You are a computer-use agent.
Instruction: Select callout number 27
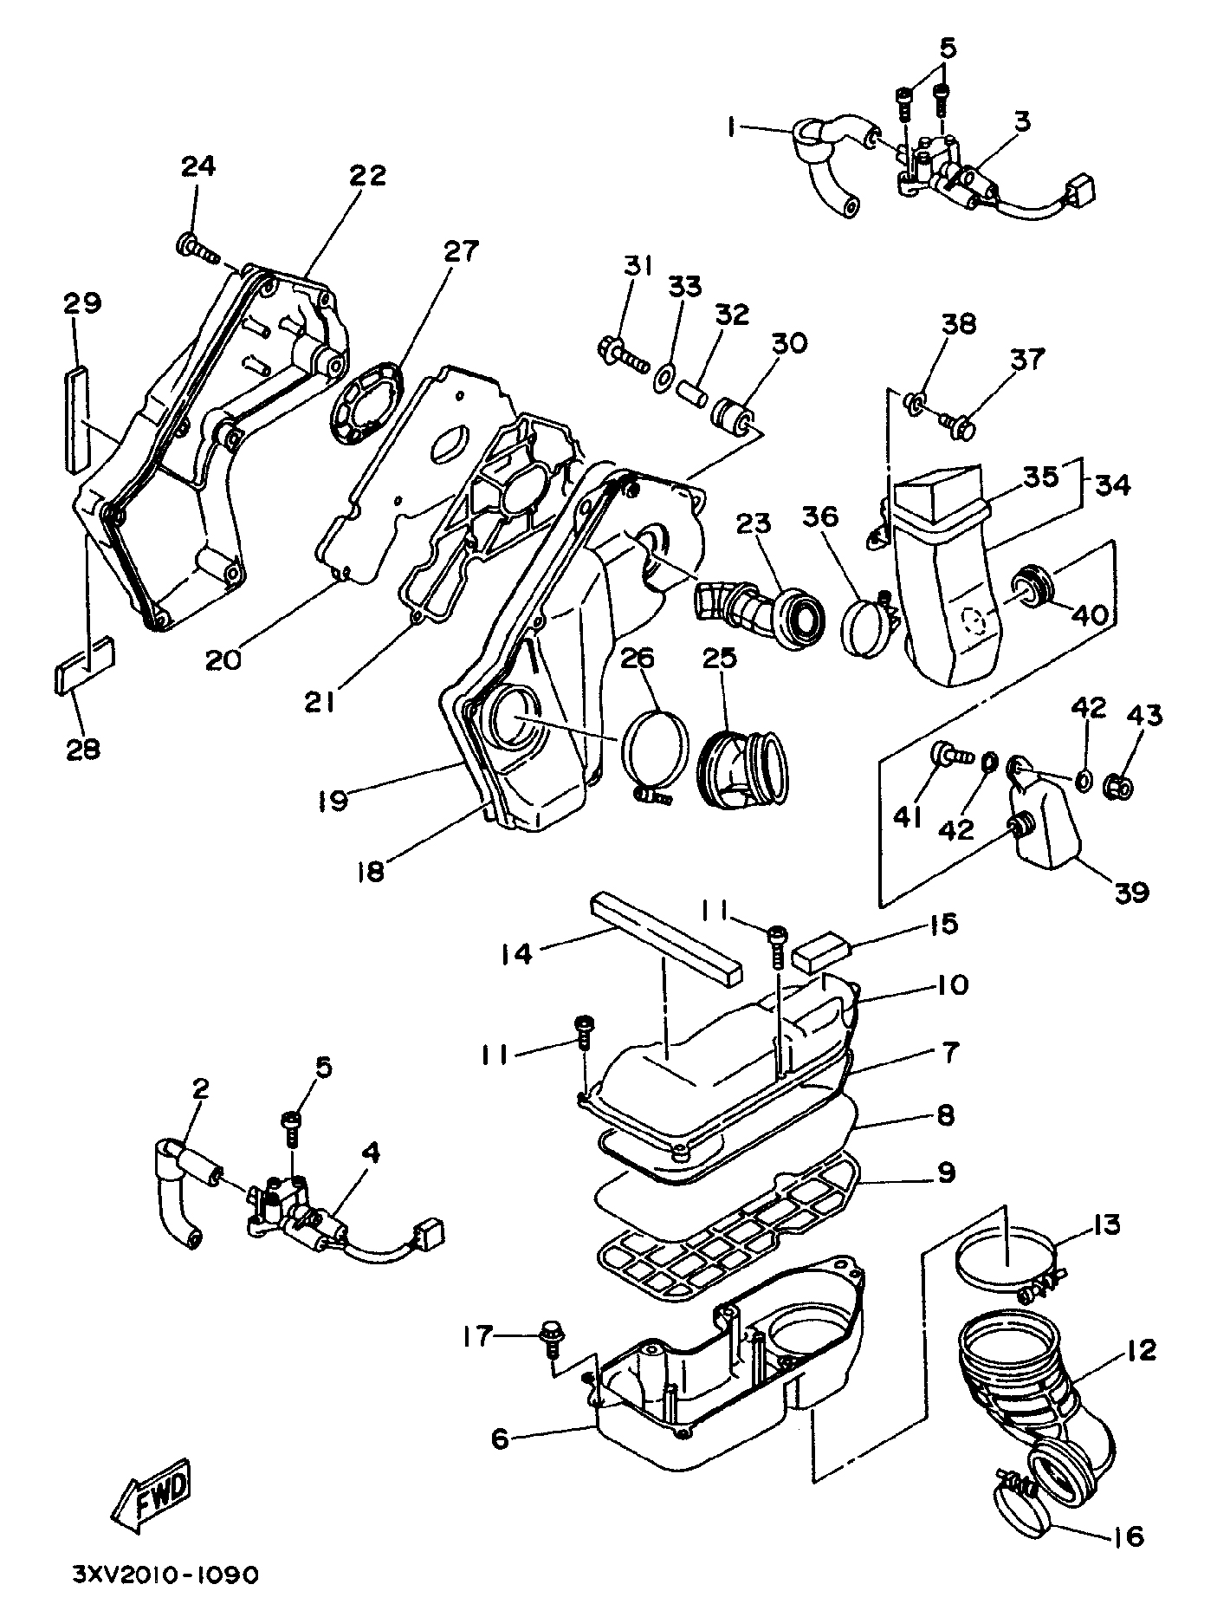[461, 252]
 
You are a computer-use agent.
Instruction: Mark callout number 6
[500, 1439]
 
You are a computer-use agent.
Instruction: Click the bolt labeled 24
[197, 247]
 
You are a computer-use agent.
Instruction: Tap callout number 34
[1111, 485]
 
